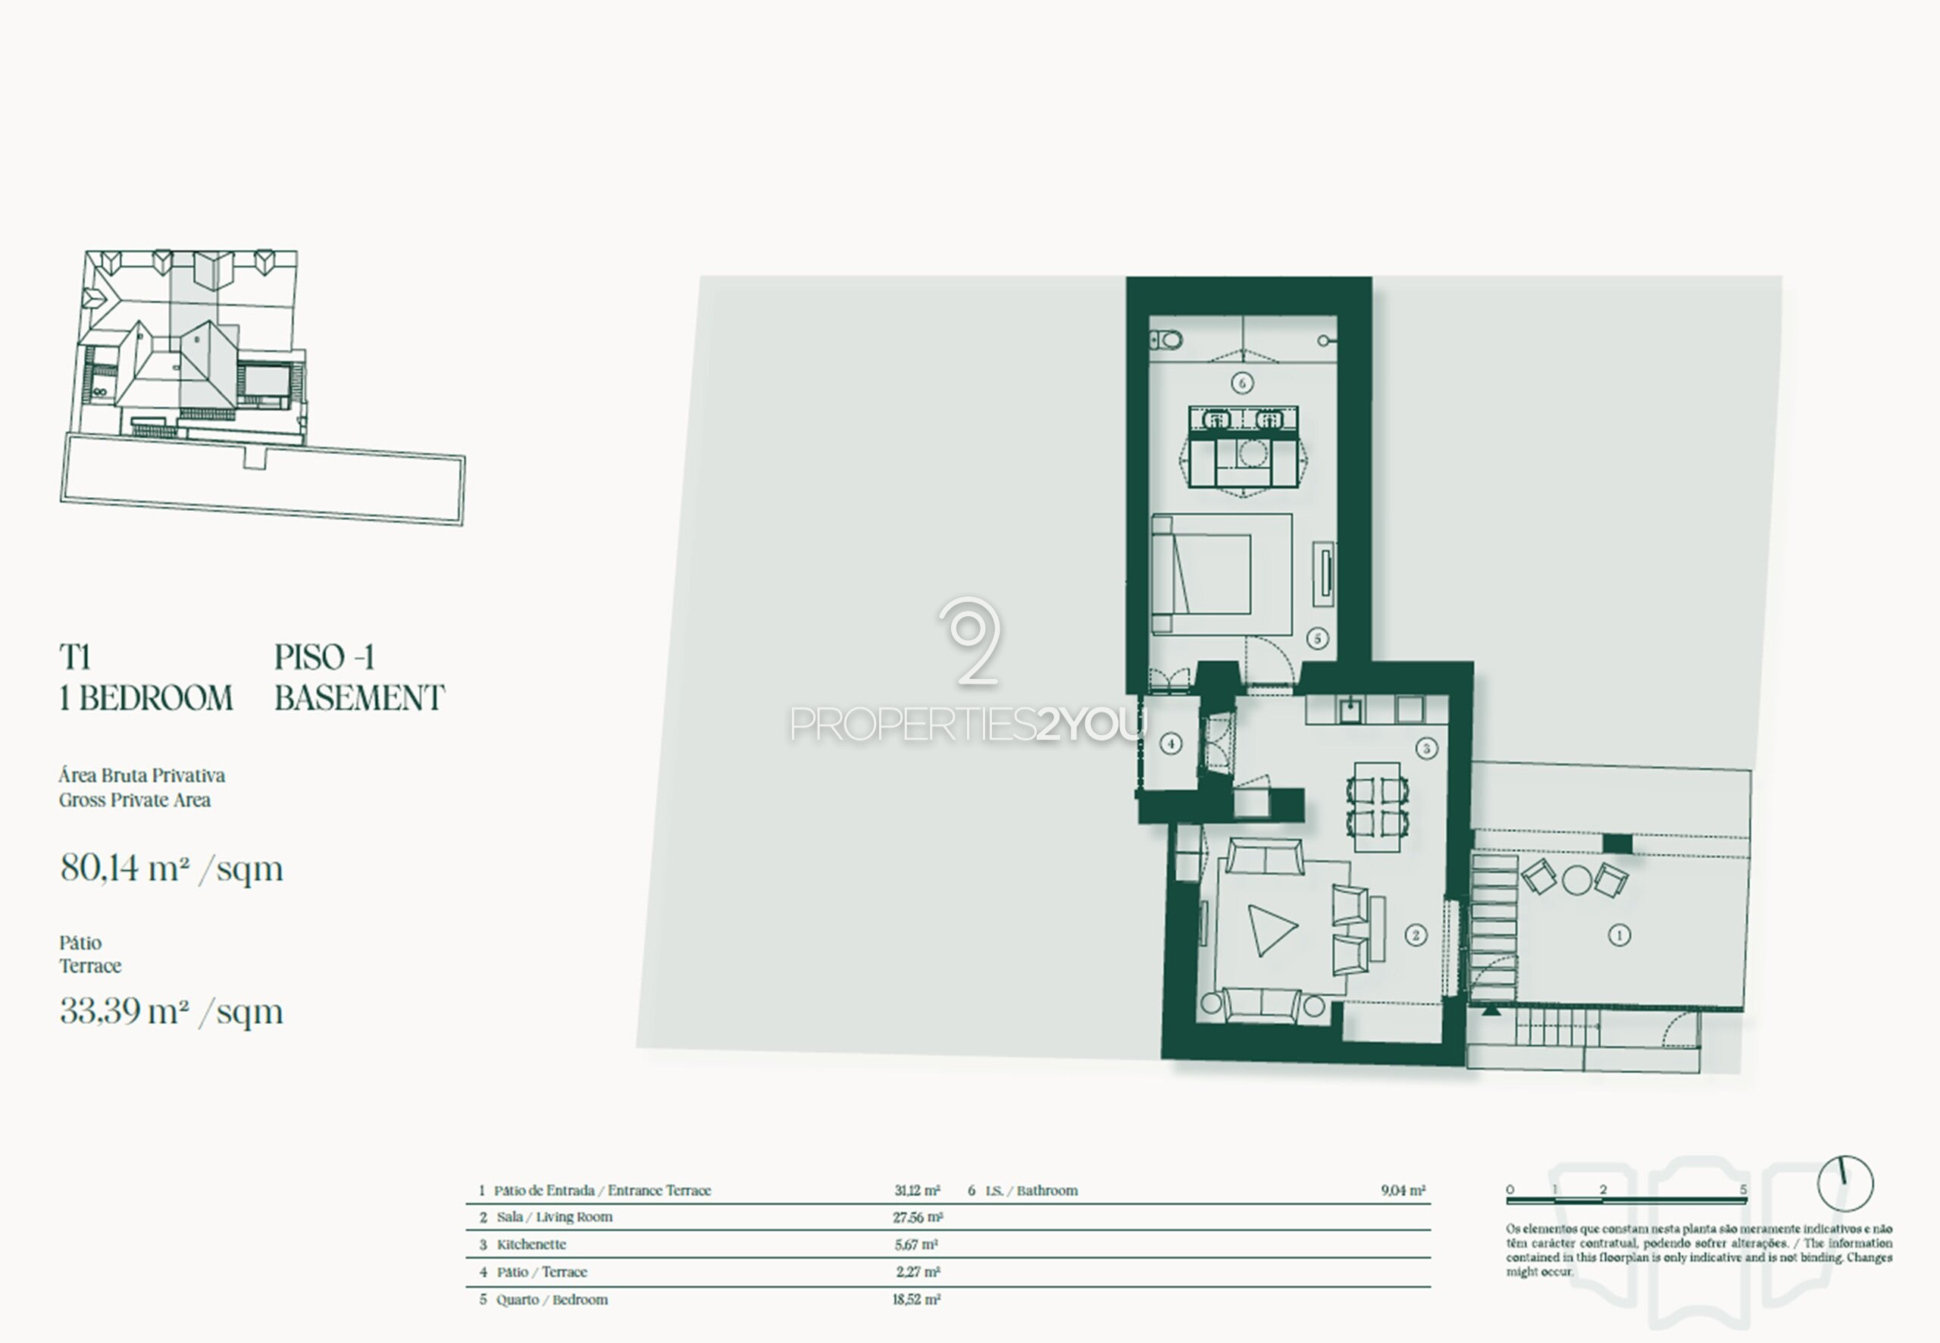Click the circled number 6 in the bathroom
tap(1242, 383)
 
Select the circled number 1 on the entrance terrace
tap(1619, 935)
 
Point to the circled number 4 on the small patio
tap(1170, 743)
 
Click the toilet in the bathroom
tap(1166, 340)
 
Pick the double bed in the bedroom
tap(1201, 574)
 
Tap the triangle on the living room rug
tap(1271, 930)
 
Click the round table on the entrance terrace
tap(1576, 880)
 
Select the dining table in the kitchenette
tap(1377, 807)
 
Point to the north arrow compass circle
tap(1845, 1184)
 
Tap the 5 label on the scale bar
tap(1743, 1189)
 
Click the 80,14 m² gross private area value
tap(171, 869)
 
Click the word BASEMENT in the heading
tap(360, 699)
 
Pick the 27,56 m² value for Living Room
tap(918, 1216)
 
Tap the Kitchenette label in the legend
tap(531, 1244)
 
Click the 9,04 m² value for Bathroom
tap(1403, 1191)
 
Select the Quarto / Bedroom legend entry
tap(552, 1299)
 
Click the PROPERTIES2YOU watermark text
tap(968, 725)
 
